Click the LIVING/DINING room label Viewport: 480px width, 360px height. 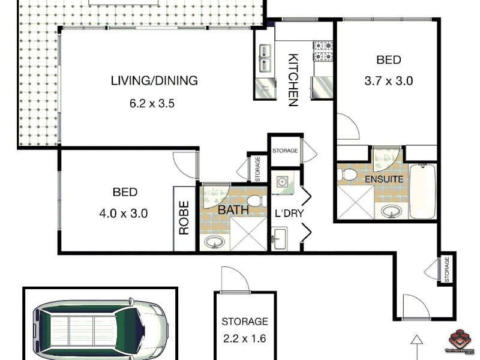(x=154, y=80)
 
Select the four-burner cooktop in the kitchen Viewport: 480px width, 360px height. (x=323, y=51)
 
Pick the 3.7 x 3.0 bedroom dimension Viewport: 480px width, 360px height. (x=388, y=80)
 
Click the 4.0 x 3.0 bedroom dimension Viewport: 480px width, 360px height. (x=125, y=212)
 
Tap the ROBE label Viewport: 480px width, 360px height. (x=184, y=217)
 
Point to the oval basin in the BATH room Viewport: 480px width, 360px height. (x=214, y=242)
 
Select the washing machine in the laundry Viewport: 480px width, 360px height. (x=280, y=182)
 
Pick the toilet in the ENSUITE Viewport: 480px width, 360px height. (x=346, y=174)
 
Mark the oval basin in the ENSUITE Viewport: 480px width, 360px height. (x=391, y=211)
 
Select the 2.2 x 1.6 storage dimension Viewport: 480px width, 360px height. (x=245, y=338)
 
